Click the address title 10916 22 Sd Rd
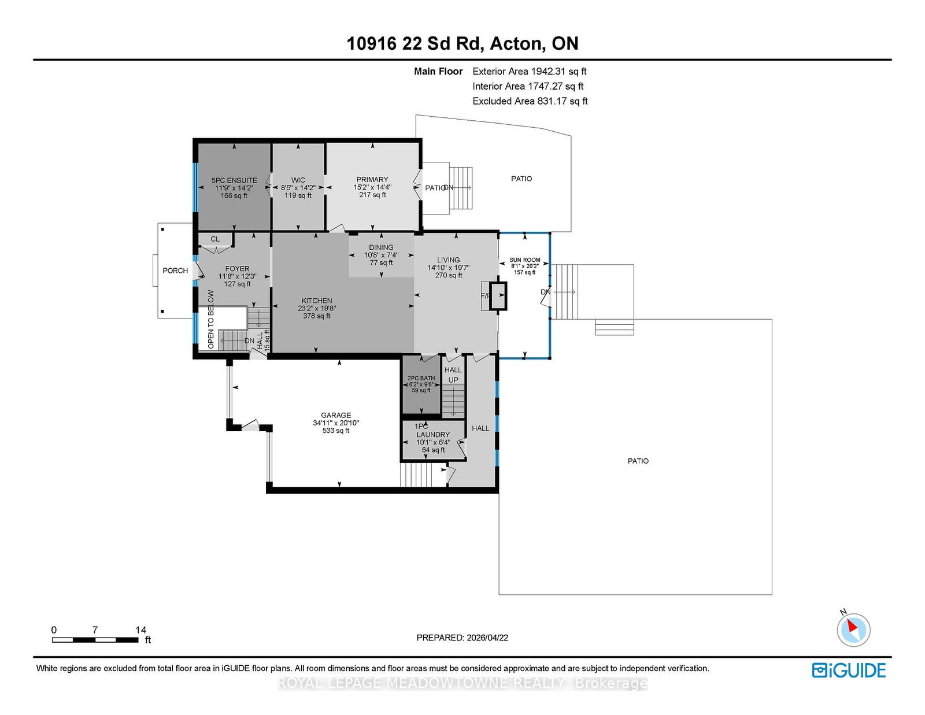(462, 43)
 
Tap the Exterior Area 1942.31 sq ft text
(529, 71)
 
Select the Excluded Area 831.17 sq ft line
(530, 101)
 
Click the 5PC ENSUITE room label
(234, 180)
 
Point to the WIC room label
(298, 180)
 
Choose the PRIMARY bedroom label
(372, 180)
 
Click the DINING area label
(381, 247)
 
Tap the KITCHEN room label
(316, 301)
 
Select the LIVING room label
(448, 260)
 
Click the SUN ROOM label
(524, 260)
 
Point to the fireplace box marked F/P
(498, 296)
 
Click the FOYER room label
(237, 269)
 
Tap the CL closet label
(215, 239)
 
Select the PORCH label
(175, 271)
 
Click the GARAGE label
(336, 415)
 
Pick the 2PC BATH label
(421, 378)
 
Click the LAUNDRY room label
(433, 435)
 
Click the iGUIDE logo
(848, 670)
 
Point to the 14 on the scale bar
(140, 630)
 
